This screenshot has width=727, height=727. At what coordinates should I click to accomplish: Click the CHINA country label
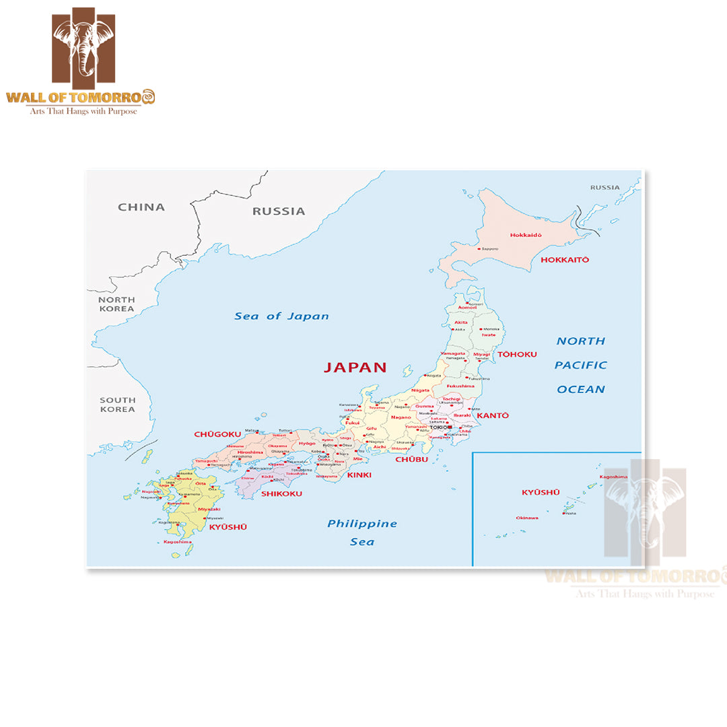pos(141,207)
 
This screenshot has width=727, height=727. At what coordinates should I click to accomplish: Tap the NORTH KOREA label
pos(116,304)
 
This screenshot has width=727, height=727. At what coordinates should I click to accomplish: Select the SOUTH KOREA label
pos(117,405)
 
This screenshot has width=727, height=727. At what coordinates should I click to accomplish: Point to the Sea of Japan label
pos(281,316)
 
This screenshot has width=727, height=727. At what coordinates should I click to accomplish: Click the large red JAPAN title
pos(355,368)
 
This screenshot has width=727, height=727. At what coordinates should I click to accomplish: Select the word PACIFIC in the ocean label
pos(580,365)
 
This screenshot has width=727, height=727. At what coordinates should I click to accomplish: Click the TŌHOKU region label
pos(517,354)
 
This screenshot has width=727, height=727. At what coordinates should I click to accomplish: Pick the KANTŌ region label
pos(493,415)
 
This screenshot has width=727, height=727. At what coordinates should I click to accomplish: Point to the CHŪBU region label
pos(411,459)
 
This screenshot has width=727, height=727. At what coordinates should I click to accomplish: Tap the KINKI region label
pos(359,475)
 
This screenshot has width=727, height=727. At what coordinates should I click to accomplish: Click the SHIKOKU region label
pos(281,493)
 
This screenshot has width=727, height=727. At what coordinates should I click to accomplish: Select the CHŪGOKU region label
pos(217,434)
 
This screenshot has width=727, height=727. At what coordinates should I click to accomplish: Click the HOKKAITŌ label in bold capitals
pos(565,259)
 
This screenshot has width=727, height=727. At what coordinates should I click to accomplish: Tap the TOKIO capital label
pos(438,427)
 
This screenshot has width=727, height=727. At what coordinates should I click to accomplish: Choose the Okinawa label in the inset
pos(527,518)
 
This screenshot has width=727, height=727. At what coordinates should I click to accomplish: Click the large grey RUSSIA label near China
pos(279,211)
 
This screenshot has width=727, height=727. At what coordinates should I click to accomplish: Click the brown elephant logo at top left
pos(83,46)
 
